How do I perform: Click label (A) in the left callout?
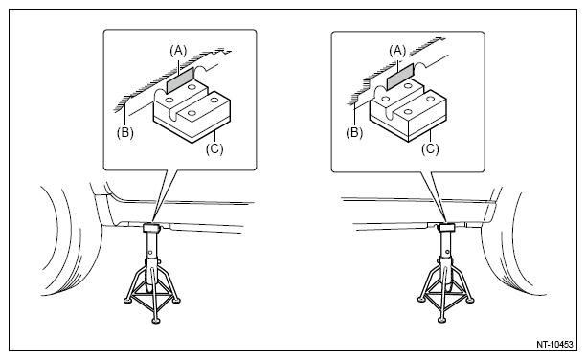(178, 51)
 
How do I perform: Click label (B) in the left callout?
(124, 133)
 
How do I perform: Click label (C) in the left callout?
(214, 148)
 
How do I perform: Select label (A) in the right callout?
(397, 51)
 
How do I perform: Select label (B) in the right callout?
(354, 133)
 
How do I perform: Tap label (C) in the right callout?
(430, 148)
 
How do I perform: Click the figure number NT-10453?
(554, 345)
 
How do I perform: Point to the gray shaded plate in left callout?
(180, 80)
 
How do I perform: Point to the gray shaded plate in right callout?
(399, 77)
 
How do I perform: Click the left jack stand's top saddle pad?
(152, 227)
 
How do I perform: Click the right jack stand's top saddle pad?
(445, 227)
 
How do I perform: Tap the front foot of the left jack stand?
(156, 321)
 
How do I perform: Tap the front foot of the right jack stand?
(442, 320)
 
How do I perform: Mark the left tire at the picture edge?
(71, 239)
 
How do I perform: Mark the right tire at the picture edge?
(512, 243)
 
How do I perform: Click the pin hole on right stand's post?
(446, 252)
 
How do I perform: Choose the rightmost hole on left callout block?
(214, 100)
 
